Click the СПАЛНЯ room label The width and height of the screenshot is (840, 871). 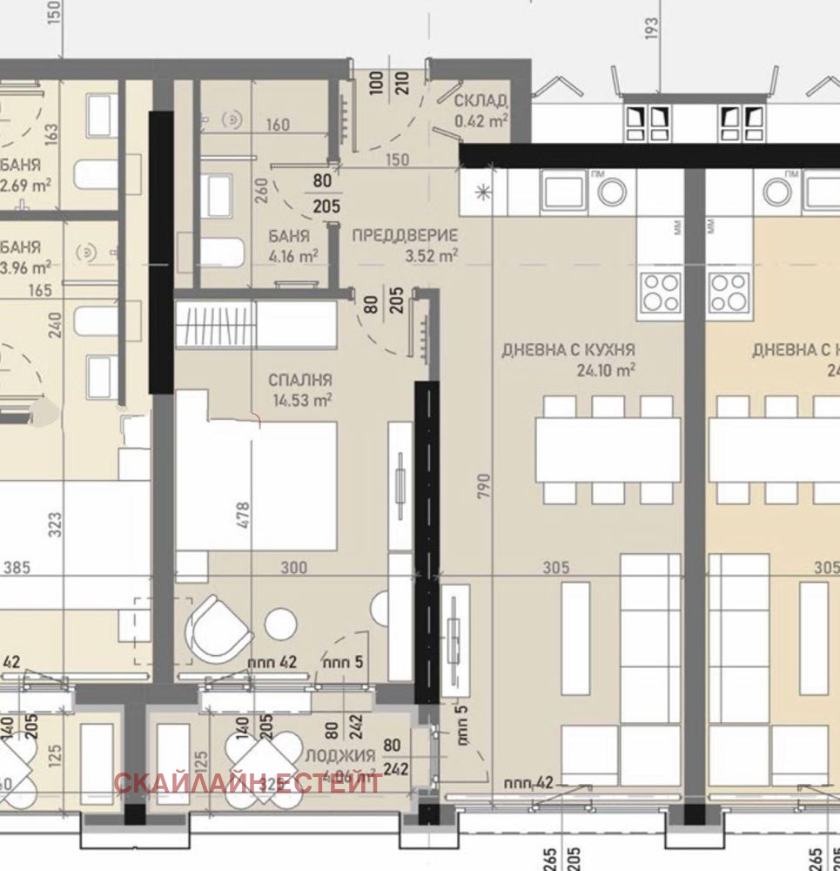tap(300, 381)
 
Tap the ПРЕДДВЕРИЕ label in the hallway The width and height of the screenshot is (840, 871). tap(405, 235)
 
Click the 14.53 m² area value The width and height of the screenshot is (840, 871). tap(301, 400)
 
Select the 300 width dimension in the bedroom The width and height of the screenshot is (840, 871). tap(294, 568)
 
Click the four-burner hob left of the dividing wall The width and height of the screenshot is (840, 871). tap(661, 291)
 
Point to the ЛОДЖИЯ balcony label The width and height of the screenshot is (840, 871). tap(340, 755)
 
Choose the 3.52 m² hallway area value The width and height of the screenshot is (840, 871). tap(432, 256)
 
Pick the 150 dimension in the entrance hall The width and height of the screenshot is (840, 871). tap(396, 160)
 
